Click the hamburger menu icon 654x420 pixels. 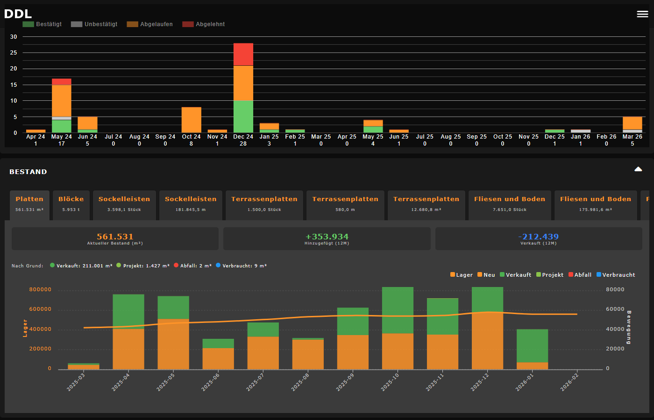tap(642, 14)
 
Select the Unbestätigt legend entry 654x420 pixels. tap(94, 24)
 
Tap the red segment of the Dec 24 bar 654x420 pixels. tap(243, 54)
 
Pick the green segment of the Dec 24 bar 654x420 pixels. tap(243, 117)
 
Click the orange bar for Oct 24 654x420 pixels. tap(192, 120)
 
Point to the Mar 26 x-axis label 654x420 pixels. tap(632, 137)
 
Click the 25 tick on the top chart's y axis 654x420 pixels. tap(14, 53)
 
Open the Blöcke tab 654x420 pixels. tap(71, 204)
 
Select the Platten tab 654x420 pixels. tap(29, 204)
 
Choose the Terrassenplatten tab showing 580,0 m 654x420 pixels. tap(345, 204)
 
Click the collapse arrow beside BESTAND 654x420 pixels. tap(638, 169)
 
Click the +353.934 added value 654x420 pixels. tap(327, 237)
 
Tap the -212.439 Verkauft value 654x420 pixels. tap(539, 237)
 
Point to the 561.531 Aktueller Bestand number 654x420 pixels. tap(115, 237)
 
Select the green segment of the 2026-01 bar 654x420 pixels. tap(532, 345)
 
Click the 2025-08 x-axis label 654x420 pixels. tap(300, 382)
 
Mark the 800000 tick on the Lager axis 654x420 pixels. tap(40, 290)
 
